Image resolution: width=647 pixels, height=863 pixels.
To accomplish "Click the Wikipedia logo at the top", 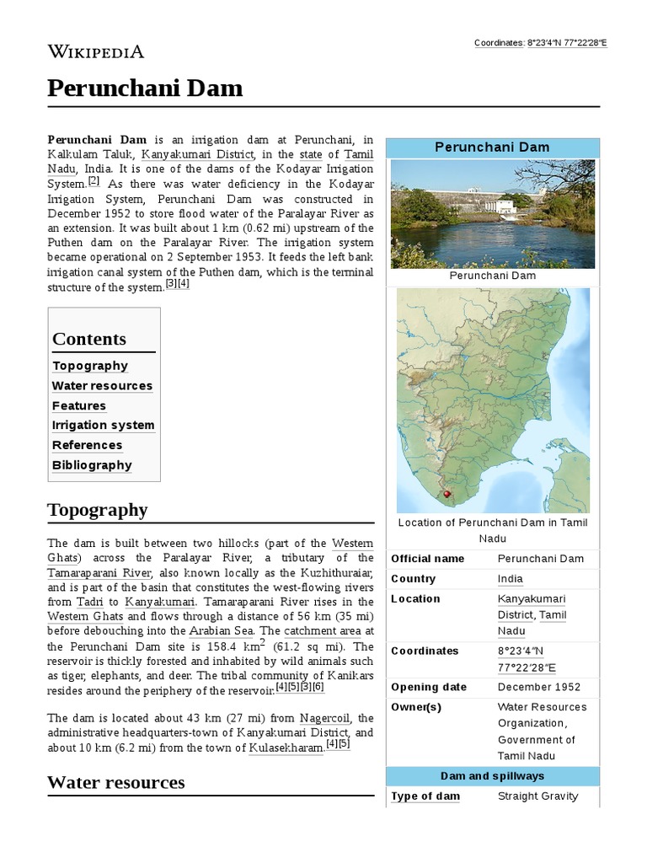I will pyautogui.click(x=95, y=52).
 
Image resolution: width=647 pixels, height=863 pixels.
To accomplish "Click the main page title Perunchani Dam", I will pyautogui.click(x=145, y=88).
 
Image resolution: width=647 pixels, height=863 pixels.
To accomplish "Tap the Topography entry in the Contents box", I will pyautogui.click(x=90, y=366).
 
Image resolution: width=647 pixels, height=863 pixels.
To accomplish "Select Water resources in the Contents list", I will pyautogui.click(x=102, y=386).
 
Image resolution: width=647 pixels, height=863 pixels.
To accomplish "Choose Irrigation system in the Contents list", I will pyautogui.click(x=103, y=426).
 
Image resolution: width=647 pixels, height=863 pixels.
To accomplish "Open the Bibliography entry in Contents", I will pyautogui.click(x=92, y=465).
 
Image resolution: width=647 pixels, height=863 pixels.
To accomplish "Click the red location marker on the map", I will pyautogui.click(x=446, y=494).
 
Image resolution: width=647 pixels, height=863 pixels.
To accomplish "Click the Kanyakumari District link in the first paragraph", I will pyautogui.click(x=197, y=155).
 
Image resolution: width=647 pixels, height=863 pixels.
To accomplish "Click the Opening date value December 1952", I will pyautogui.click(x=538, y=687).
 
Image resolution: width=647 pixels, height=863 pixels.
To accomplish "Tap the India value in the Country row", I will pyautogui.click(x=510, y=579).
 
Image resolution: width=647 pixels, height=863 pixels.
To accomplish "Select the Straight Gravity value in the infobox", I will pyautogui.click(x=537, y=796).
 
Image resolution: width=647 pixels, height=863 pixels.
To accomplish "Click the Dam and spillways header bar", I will pyautogui.click(x=492, y=776).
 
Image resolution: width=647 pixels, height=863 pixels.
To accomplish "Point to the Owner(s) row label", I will pyautogui.click(x=416, y=707).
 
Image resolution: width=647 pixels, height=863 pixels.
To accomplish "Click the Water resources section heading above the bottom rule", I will pyautogui.click(x=116, y=782).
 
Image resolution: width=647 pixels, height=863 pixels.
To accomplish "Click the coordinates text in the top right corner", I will pyautogui.click(x=540, y=42).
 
